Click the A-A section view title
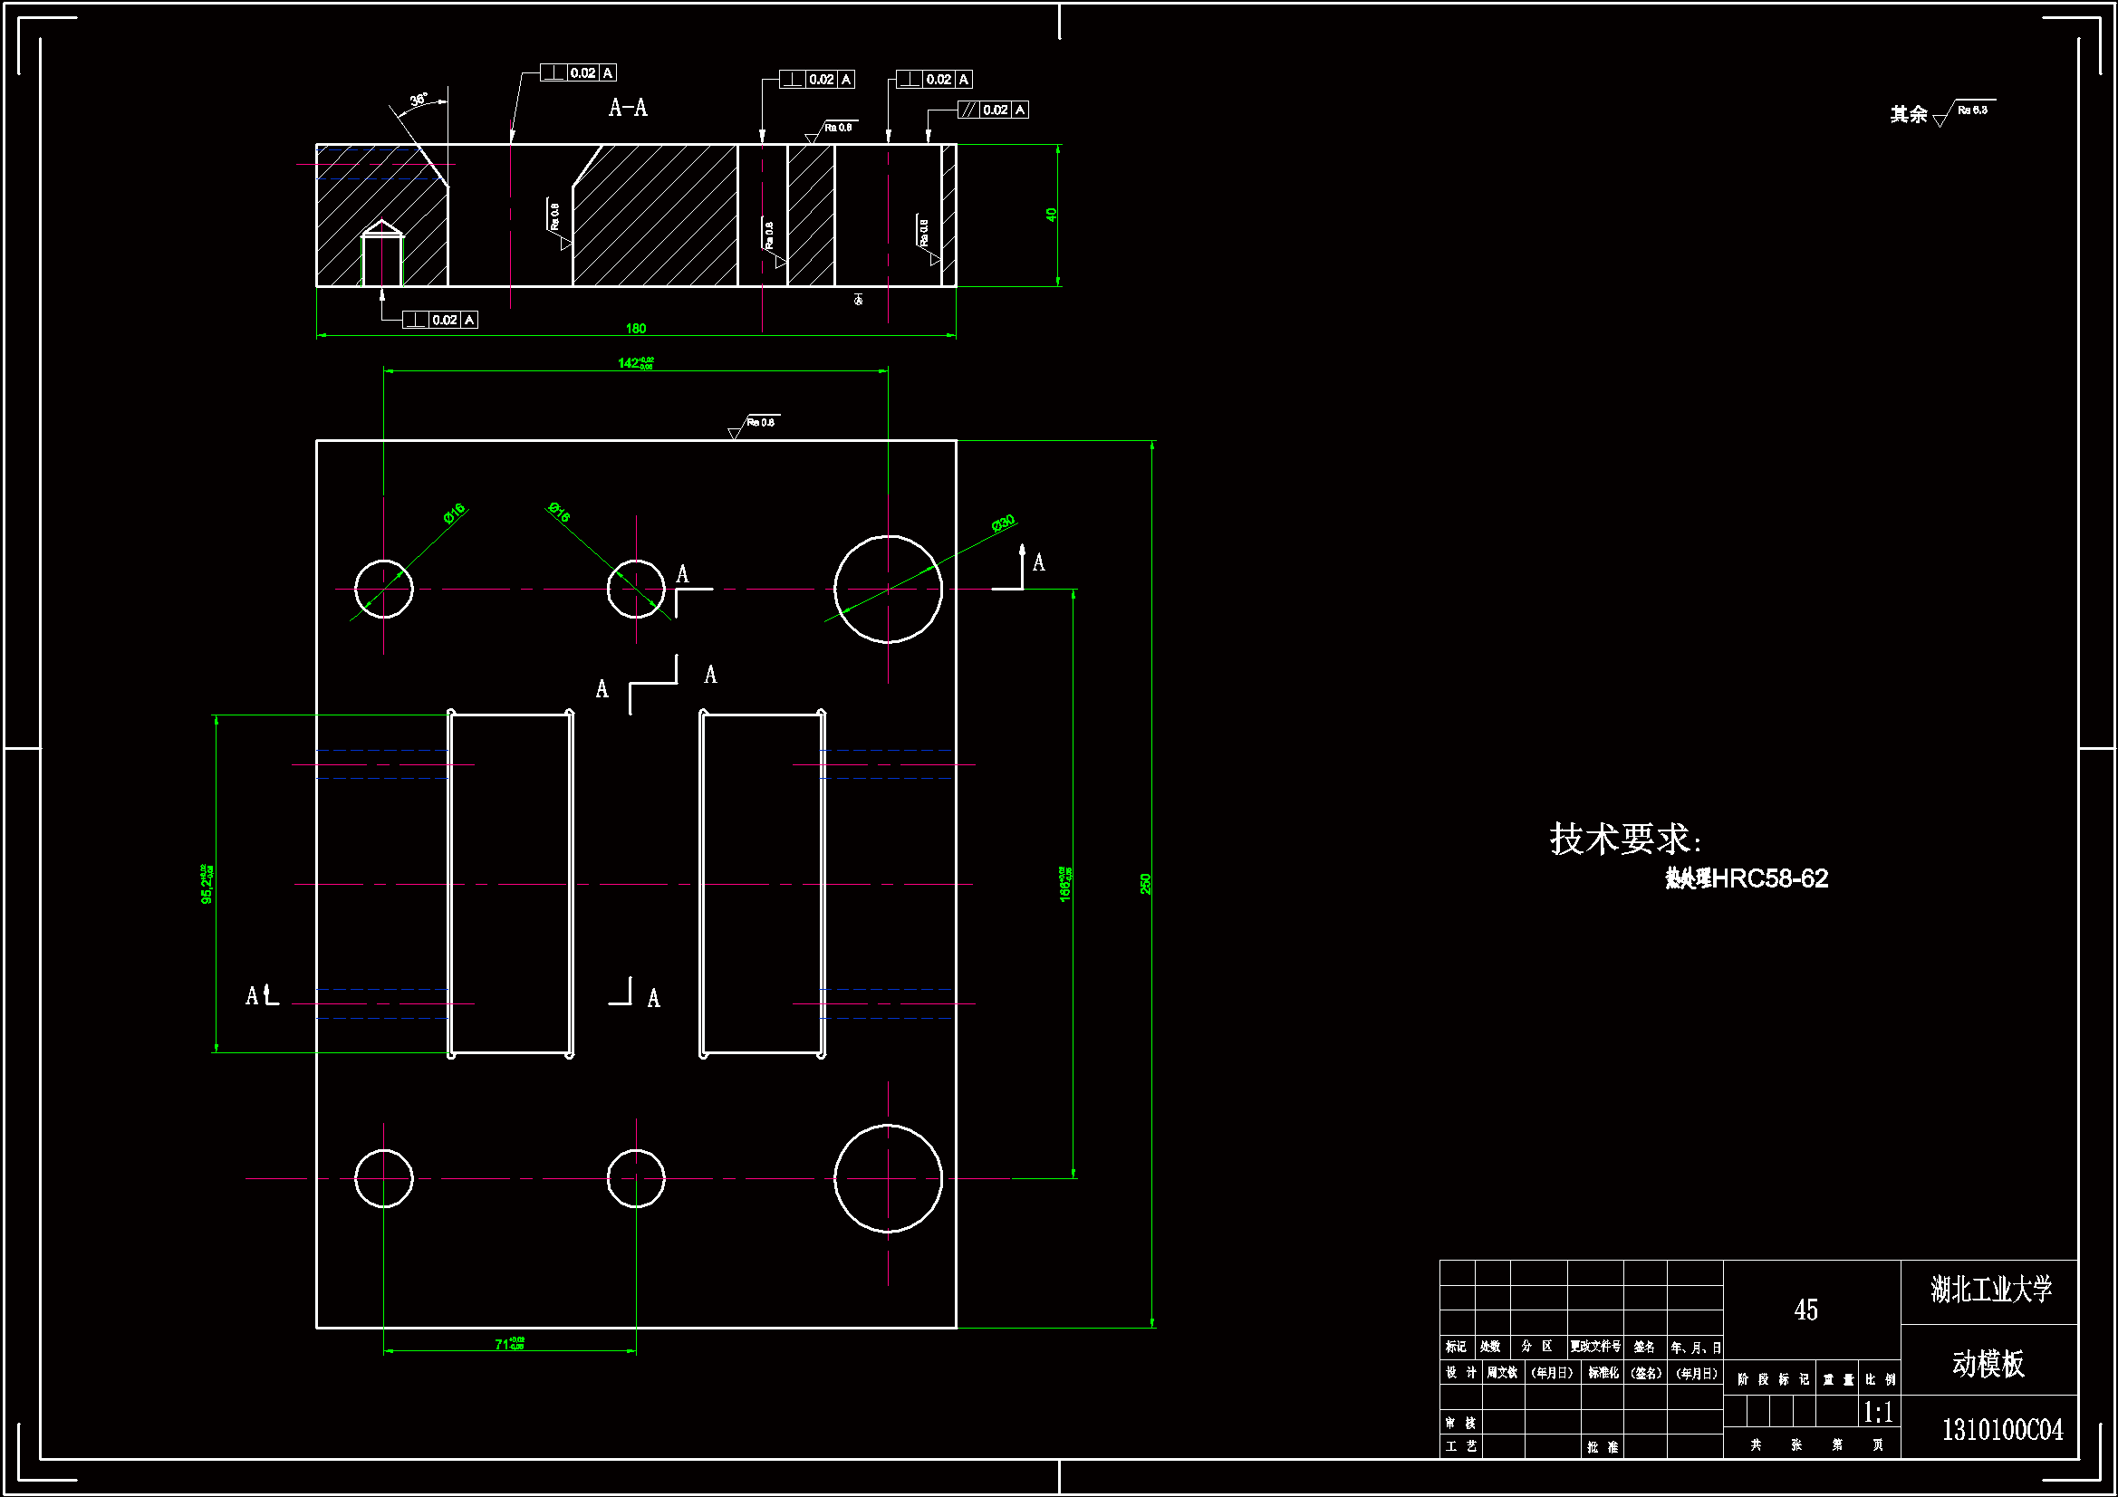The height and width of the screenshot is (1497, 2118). (x=628, y=108)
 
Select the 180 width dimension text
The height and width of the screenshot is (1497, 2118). (x=636, y=329)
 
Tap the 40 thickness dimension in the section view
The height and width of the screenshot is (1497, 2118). (x=1051, y=215)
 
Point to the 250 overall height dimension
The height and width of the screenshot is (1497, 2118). (x=1146, y=884)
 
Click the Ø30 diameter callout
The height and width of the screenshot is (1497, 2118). (x=1004, y=523)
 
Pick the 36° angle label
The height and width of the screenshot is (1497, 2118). (x=419, y=99)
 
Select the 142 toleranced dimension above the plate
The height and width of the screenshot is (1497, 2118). (x=635, y=363)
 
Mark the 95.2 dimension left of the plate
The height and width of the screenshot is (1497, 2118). (x=207, y=884)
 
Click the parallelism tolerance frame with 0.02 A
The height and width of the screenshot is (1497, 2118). (x=993, y=110)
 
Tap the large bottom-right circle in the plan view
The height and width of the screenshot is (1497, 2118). (x=888, y=1179)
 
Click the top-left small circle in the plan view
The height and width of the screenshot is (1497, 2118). (x=384, y=589)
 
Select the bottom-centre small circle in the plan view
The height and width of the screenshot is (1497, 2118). (x=636, y=1179)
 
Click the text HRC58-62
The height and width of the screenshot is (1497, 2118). (x=1769, y=879)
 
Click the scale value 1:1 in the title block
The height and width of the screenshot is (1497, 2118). (x=1878, y=1412)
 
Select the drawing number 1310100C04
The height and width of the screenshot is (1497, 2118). (x=2002, y=1431)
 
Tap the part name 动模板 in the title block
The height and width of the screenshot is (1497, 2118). (x=1988, y=1364)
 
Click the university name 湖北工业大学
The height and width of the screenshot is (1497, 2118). (x=1990, y=1290)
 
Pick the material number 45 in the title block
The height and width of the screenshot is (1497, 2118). (x=1805, y=1310)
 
